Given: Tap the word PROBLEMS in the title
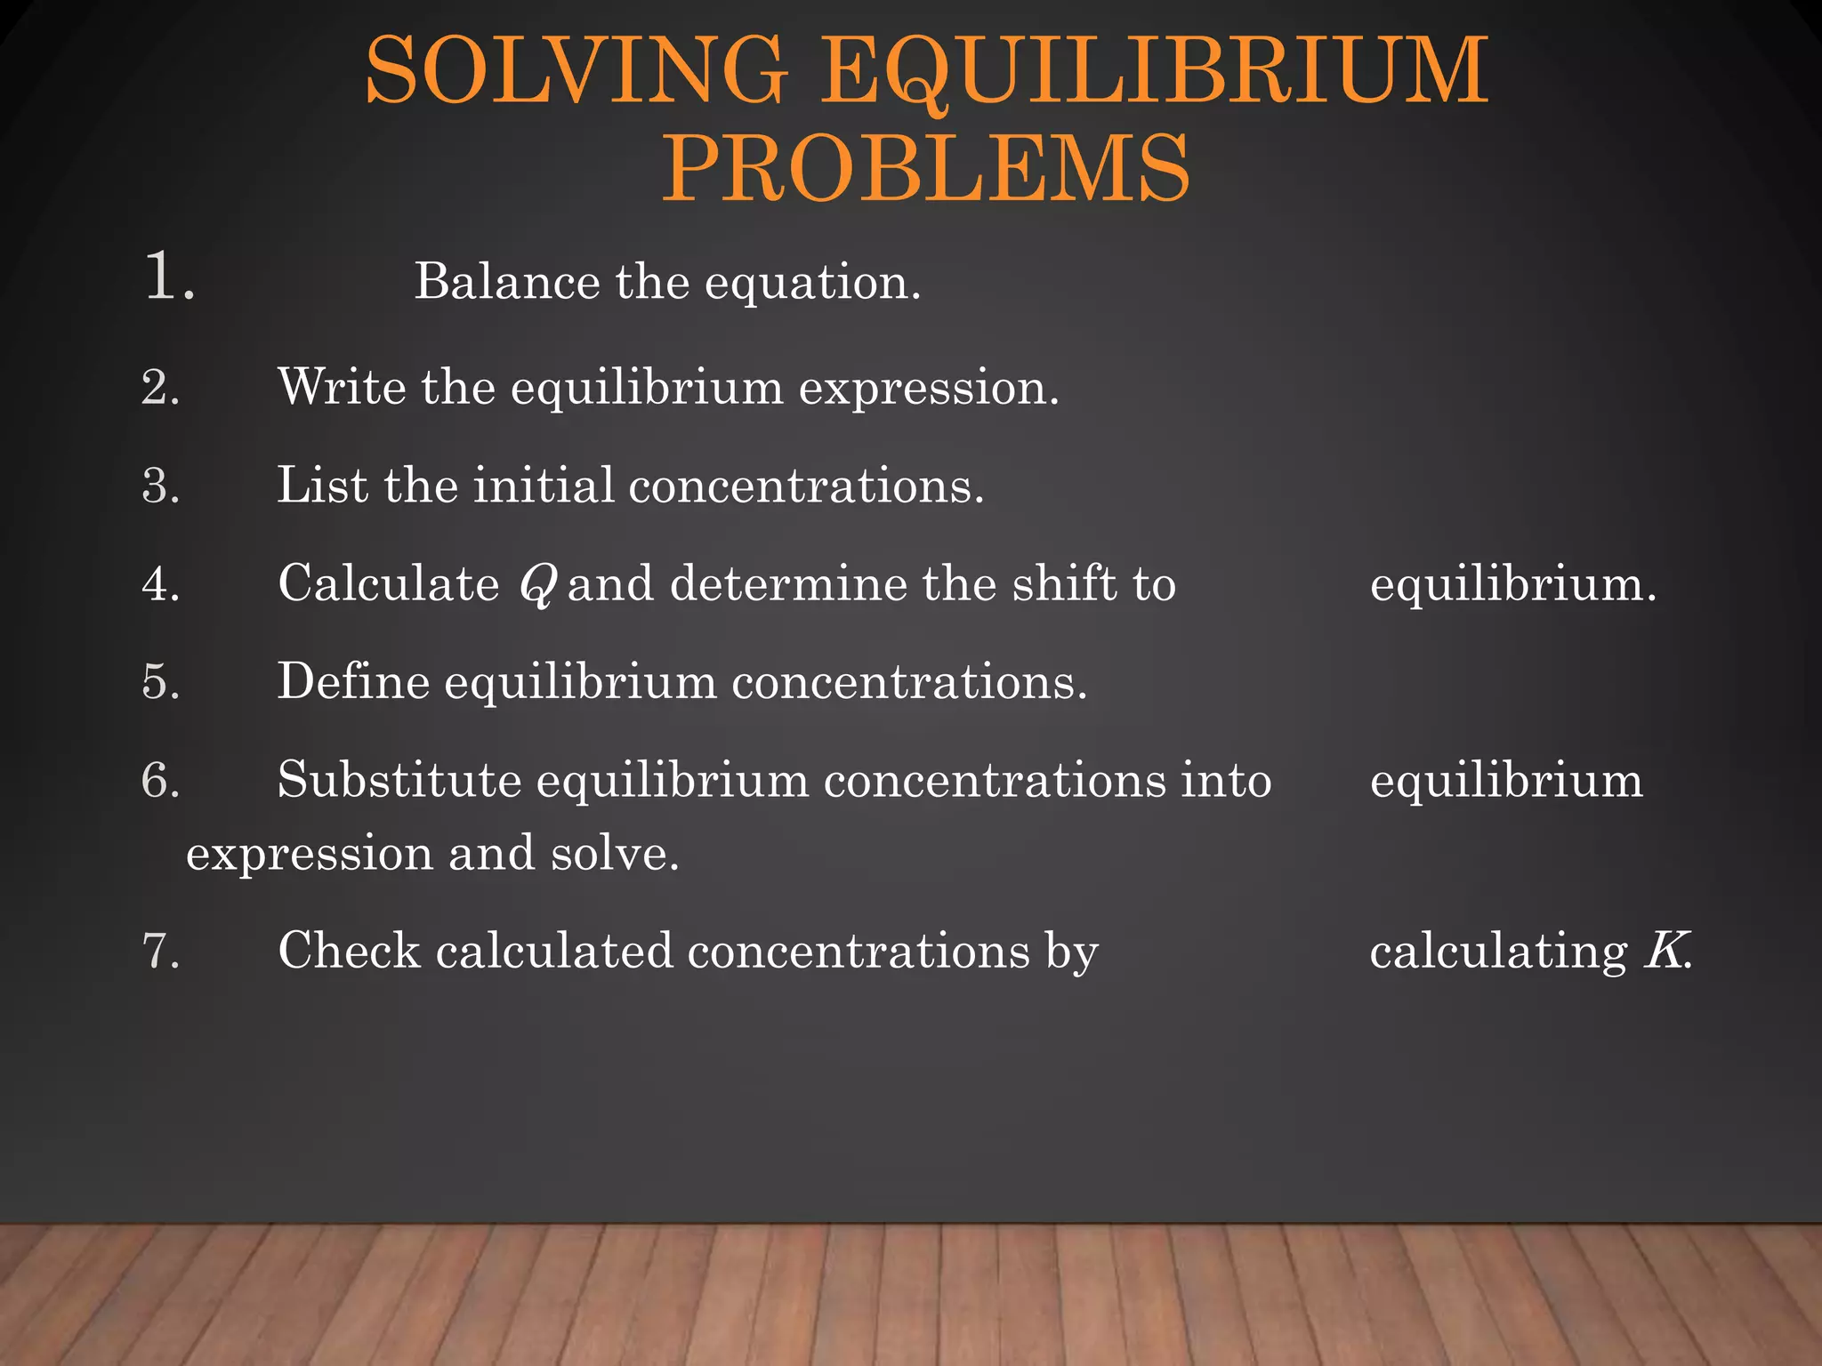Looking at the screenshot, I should [x=926, y=167].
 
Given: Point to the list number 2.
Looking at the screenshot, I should [x=160, y=388].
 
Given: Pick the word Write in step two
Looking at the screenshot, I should [x=342, y=387].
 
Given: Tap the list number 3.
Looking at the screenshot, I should [x=160, y=486].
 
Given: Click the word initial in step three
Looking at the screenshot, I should [x=543, y=486].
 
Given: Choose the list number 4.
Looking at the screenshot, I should [x=160, y=584].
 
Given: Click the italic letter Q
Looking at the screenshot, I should [x=537, y=586].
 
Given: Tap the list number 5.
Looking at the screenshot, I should [x=160, y=682].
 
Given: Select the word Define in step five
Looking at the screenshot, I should [x=353, y=682].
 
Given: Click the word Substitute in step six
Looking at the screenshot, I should [x=399, y=780].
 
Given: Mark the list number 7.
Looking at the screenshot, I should [x=160, y=951].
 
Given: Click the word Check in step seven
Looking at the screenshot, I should [x=349, y=951].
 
